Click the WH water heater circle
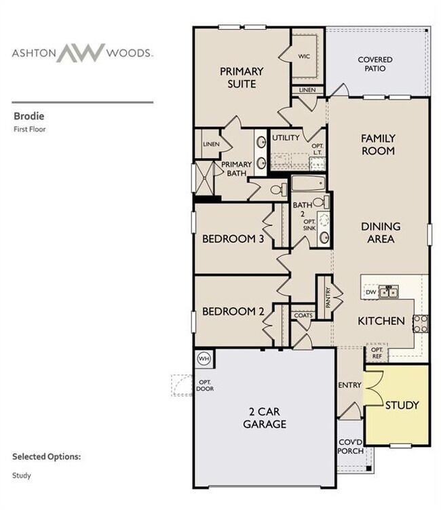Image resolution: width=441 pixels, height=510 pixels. point(204,357)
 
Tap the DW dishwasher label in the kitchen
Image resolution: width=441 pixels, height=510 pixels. point(370,292)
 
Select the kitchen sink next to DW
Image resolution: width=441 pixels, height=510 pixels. point(389,292)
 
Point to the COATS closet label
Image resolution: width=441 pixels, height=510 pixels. point(303,315)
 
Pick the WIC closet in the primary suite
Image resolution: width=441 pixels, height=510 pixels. point(304,56)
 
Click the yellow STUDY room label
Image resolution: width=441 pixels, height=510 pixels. point(402,406)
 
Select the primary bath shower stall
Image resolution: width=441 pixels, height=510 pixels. point(204,178)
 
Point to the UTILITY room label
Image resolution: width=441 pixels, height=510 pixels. point(286,138)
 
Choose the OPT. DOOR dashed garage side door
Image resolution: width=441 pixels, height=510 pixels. point(183,385)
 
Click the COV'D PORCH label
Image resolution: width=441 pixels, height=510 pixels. point(351,446)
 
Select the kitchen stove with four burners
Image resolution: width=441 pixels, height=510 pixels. point(421,323)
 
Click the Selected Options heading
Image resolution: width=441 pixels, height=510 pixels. point(46,456)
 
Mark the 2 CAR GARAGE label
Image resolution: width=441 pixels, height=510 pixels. point(265,418)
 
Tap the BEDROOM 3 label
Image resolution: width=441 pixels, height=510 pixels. point(232,239)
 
